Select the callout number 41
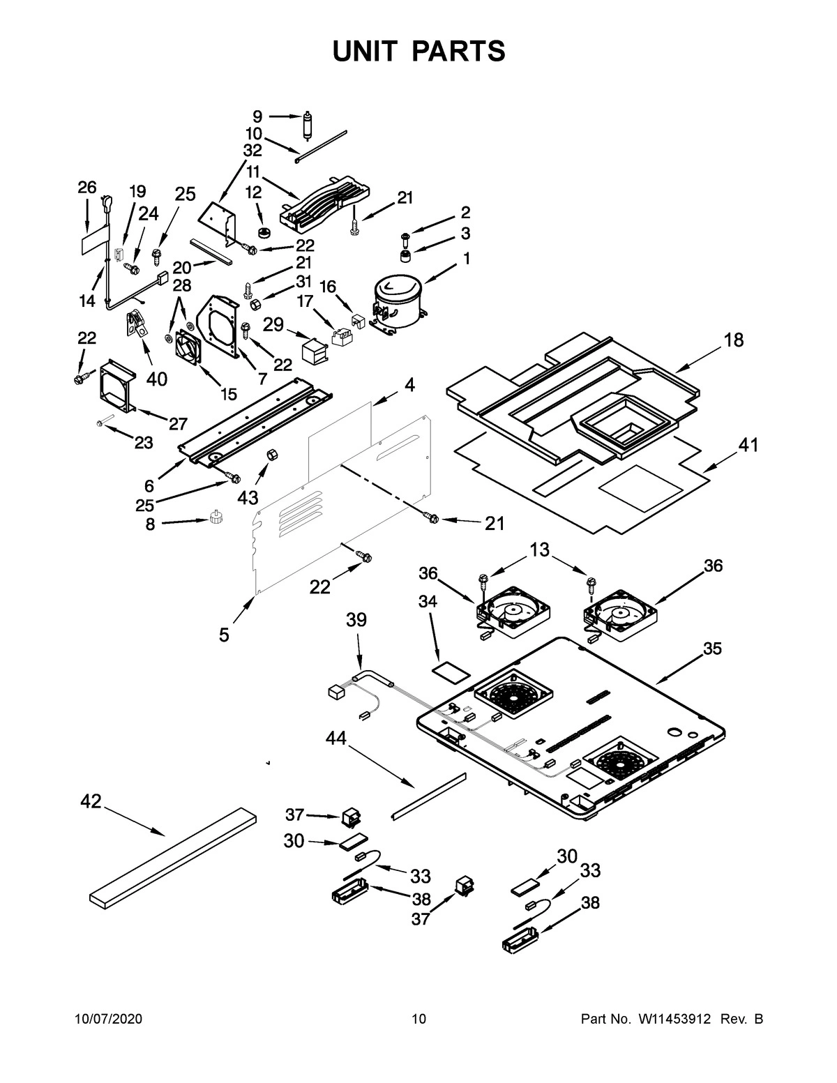coord(748,445)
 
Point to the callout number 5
coord(224,635)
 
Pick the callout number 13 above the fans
coord(539,550)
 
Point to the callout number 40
coord(157,379)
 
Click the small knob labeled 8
coord(216,519)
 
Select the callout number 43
coord(248,497)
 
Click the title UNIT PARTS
coord(418,51)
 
